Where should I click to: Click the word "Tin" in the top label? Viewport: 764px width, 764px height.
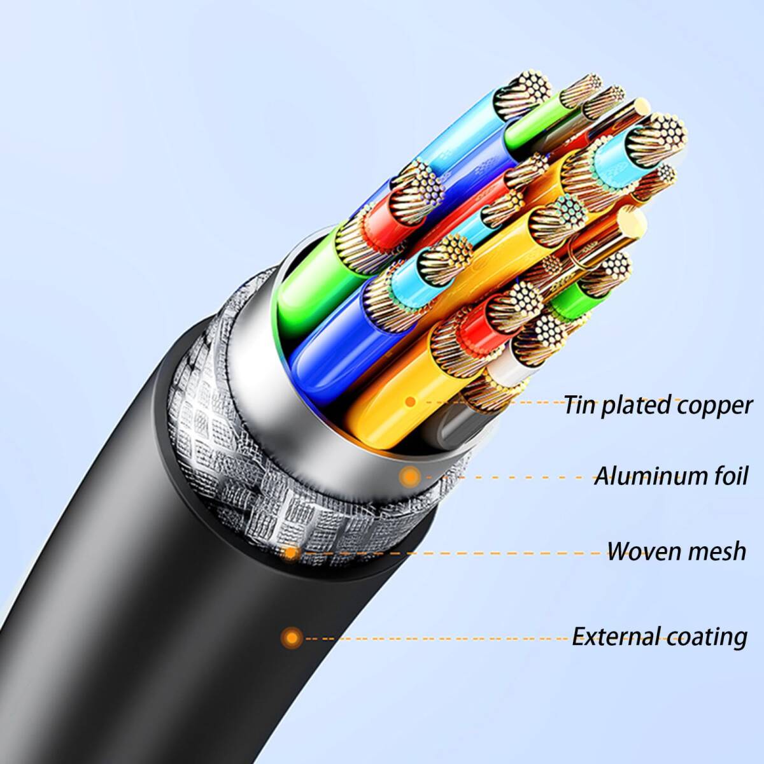(579, 404)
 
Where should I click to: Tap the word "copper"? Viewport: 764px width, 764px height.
(714, 406)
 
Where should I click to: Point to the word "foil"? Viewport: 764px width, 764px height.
(725, 476)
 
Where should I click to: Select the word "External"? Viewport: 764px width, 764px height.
(614, 636)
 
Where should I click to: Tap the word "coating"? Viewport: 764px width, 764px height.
(707, 636)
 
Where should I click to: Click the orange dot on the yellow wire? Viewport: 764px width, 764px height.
(411, 401)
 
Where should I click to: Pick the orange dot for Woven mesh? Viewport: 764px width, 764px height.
(291, 552)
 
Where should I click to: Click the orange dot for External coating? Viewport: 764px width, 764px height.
(292, 637)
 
